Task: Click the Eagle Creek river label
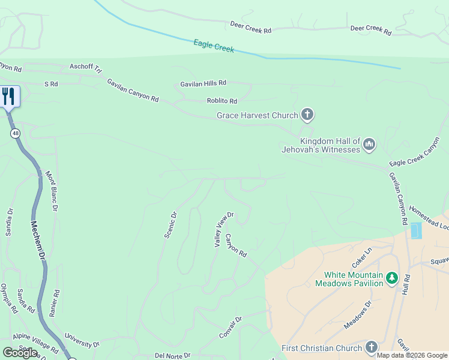(214, 46)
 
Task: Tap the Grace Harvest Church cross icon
(307, 115)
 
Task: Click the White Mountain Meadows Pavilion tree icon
(392, 277)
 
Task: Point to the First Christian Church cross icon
(371, 347)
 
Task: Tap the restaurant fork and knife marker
(8, 96)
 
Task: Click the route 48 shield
(14, 133)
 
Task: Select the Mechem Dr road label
(38, 238)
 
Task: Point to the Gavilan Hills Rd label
(203, 83)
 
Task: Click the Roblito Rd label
(221, 101)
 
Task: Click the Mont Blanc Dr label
(52, 191)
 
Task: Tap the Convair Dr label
(231, 328)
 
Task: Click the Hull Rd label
(406, 284)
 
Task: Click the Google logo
(20, 352)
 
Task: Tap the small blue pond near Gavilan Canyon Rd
(415, 230)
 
